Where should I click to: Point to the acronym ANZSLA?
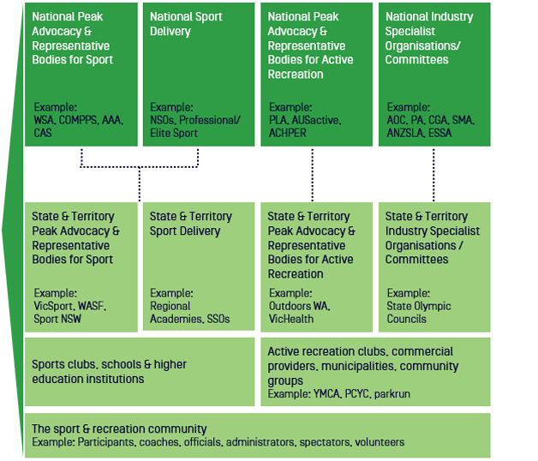(405, 133)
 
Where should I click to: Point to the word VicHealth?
(290, 319)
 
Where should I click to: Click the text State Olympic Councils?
(418, 313)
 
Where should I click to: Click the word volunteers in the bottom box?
(380, 442)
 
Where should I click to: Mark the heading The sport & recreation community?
(119, 428)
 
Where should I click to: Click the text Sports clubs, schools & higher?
(109, 364)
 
